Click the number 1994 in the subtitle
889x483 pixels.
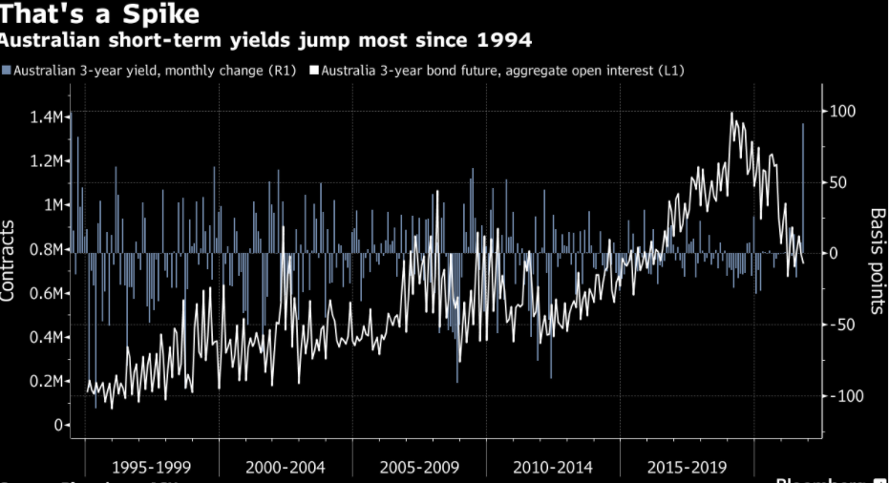coord(507,41)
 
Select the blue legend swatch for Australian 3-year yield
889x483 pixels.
coord(7,71)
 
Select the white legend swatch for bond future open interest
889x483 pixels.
coord(316,71)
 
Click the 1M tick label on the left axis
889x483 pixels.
coord(52,205)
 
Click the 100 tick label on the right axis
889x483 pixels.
coord(843,112)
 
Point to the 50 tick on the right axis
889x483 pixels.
coord(839,182)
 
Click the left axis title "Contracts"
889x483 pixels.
coord(9,260)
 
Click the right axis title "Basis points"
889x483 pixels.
coord(878,260)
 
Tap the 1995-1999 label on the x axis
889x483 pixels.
coord(151,468)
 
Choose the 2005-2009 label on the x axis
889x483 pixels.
coord(419,468)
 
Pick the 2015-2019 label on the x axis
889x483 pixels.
coord(687,468)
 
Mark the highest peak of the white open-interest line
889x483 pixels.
coord(731,114)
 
